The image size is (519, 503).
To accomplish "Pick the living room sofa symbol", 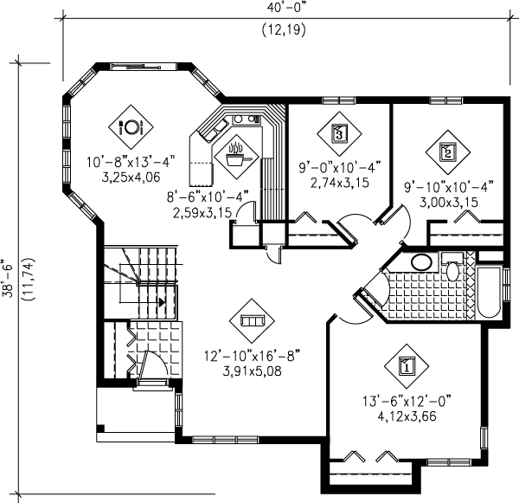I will coord(251,320).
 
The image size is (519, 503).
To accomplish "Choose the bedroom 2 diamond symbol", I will coord(447,151).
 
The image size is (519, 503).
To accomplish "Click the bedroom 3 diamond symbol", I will coord(339,133).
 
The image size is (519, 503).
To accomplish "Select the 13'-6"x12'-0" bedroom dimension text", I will coord(405,402).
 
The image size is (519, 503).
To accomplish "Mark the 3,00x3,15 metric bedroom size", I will coord(449,202).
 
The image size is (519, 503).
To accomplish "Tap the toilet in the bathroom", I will coord(452,267).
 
